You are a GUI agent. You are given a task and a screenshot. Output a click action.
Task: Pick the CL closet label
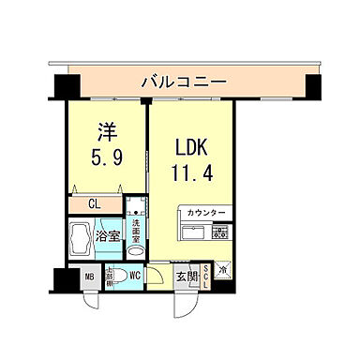97,202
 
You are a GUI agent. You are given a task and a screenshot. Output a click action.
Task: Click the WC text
135,277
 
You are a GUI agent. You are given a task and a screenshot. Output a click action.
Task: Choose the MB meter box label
90,278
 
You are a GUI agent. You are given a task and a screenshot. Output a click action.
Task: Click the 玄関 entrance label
186,277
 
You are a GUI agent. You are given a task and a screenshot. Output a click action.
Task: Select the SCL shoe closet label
206,277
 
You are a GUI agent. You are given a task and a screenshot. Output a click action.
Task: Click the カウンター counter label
205,214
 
